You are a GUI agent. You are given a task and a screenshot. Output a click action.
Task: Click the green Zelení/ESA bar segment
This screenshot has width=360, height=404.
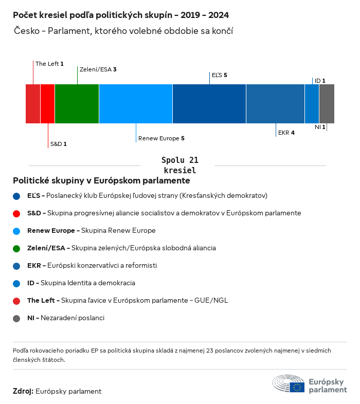pos(77,104)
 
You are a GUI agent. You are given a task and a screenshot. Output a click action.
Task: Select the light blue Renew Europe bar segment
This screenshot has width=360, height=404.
pos(136,104)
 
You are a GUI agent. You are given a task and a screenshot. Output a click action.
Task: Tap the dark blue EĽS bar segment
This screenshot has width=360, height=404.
pos(209,104)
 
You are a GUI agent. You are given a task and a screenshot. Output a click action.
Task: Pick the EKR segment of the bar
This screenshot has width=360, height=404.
pos(275,104)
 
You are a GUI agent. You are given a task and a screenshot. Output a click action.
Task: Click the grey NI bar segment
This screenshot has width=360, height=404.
pos(327,104)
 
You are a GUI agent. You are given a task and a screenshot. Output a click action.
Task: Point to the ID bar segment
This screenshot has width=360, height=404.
pos(312,104)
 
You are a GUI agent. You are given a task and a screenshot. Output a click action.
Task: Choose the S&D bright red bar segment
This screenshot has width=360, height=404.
pos(47,104)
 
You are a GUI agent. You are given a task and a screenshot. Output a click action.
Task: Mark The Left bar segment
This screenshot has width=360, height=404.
pos(33,104)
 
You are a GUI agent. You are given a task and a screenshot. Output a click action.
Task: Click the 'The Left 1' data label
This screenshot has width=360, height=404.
pos(49,64)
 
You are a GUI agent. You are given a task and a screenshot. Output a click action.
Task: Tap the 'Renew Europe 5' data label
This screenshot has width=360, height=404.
pos(161,138)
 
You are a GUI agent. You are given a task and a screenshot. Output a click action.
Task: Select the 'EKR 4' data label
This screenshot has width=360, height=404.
pos(286,133)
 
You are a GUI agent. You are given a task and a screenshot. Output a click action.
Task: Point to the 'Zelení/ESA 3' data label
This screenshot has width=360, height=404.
pos(98,69)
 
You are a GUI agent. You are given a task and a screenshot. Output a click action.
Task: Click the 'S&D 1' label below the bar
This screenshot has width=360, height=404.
pos(58,144)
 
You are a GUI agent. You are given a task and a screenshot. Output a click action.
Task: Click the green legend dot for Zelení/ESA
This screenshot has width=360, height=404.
pos(17,248)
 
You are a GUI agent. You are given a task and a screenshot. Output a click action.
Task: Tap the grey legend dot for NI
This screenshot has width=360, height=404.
pos(17,318)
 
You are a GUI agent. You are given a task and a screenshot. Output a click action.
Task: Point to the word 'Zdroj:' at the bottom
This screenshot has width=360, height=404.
pos(23,391)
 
